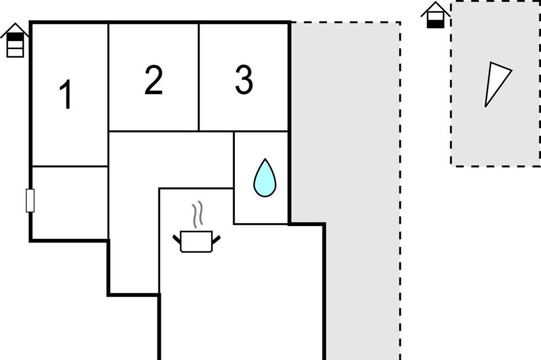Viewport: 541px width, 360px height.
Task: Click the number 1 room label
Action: pos(66,94)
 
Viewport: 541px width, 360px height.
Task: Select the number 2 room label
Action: pos(154,79)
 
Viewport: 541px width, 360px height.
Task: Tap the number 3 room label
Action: pos(244,79)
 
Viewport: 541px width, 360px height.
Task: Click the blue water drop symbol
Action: pos(265,178)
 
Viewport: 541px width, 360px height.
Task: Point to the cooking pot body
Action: pos(196,242)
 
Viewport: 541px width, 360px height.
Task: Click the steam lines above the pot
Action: pos(197,215)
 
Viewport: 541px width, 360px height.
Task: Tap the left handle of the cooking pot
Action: pos(177,239)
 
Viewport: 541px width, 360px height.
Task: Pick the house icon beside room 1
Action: pos(15,40)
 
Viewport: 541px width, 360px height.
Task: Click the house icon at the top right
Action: pos(436,15)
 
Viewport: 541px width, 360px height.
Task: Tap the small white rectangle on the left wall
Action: pos(30,201)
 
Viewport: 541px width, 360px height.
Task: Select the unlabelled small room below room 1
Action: pos(70,202)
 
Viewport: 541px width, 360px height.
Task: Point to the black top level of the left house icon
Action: pos(15,37)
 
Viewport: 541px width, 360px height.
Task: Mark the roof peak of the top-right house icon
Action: pos(436,2)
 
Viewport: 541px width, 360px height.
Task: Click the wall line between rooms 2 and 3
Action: pos(199,77)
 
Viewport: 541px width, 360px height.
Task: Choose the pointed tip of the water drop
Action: pos(265,159)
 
